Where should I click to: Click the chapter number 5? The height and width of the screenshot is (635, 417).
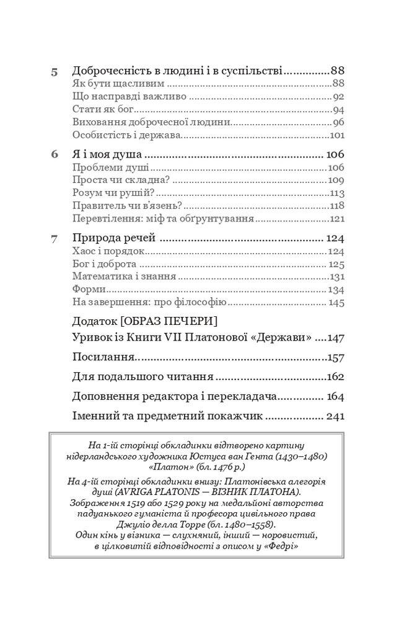54,71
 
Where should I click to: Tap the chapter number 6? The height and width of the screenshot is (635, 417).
54,154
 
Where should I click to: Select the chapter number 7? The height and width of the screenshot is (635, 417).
54,238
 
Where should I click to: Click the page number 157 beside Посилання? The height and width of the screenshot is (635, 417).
335,357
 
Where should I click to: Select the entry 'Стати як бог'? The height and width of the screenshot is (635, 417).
99,109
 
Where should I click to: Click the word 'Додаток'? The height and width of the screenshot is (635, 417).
94,321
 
